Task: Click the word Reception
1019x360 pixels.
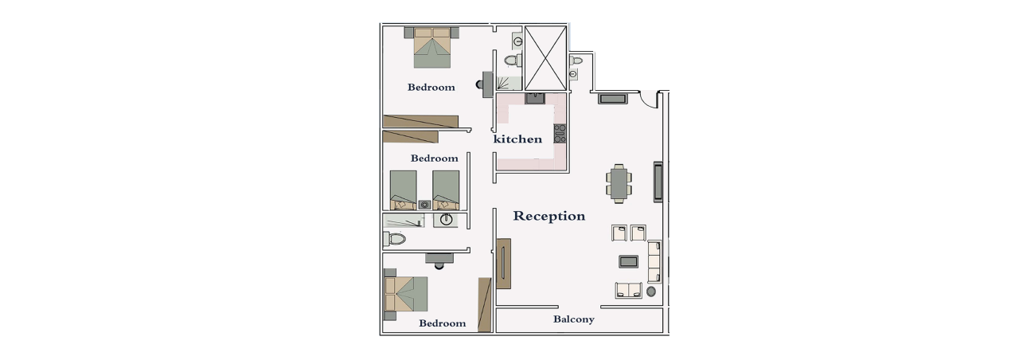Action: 549,216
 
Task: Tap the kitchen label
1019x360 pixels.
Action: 517,139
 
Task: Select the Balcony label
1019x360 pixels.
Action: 574,319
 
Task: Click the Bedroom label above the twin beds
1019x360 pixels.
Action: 434,158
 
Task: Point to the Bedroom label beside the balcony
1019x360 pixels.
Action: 442,323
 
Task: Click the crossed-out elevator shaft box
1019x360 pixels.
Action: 546,58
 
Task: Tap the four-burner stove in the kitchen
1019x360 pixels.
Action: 560,134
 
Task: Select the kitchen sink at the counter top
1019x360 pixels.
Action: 536,98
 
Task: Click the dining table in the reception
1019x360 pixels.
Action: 619,184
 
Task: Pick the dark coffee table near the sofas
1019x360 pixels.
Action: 628,261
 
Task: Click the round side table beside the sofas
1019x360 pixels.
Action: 651,292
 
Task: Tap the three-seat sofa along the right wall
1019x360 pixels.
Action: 654,262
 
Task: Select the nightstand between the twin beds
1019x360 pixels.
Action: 425,205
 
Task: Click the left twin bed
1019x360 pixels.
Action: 403,190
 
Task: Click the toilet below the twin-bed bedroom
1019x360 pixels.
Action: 394,238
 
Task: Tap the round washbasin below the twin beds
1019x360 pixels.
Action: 445,221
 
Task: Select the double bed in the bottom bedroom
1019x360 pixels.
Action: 406,294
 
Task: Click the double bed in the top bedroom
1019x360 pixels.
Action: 431,47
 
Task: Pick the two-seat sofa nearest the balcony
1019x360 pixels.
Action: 629,291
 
